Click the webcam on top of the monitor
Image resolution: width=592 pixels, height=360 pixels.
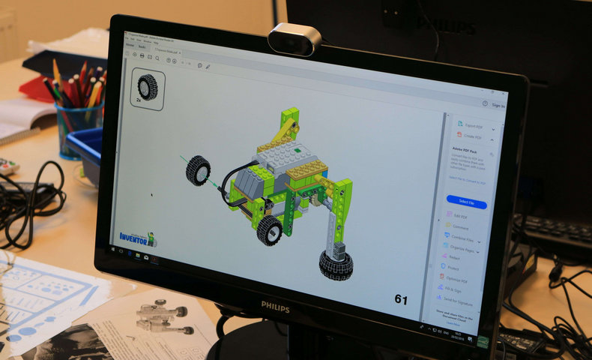295,40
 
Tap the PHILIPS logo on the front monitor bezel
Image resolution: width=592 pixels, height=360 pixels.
274,305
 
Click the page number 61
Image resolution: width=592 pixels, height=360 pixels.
401,300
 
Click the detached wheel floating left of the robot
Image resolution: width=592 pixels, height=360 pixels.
198,170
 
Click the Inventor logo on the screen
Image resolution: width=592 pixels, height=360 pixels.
138,238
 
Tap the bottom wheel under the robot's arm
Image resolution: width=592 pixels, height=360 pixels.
336,263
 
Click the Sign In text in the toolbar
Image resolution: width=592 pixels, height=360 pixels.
498,106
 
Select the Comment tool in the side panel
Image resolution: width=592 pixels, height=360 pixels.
461,227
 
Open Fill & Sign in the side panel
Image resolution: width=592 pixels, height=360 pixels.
454,289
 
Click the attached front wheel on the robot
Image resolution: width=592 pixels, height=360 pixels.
269,230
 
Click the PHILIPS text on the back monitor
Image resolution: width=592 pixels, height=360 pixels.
450,26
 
